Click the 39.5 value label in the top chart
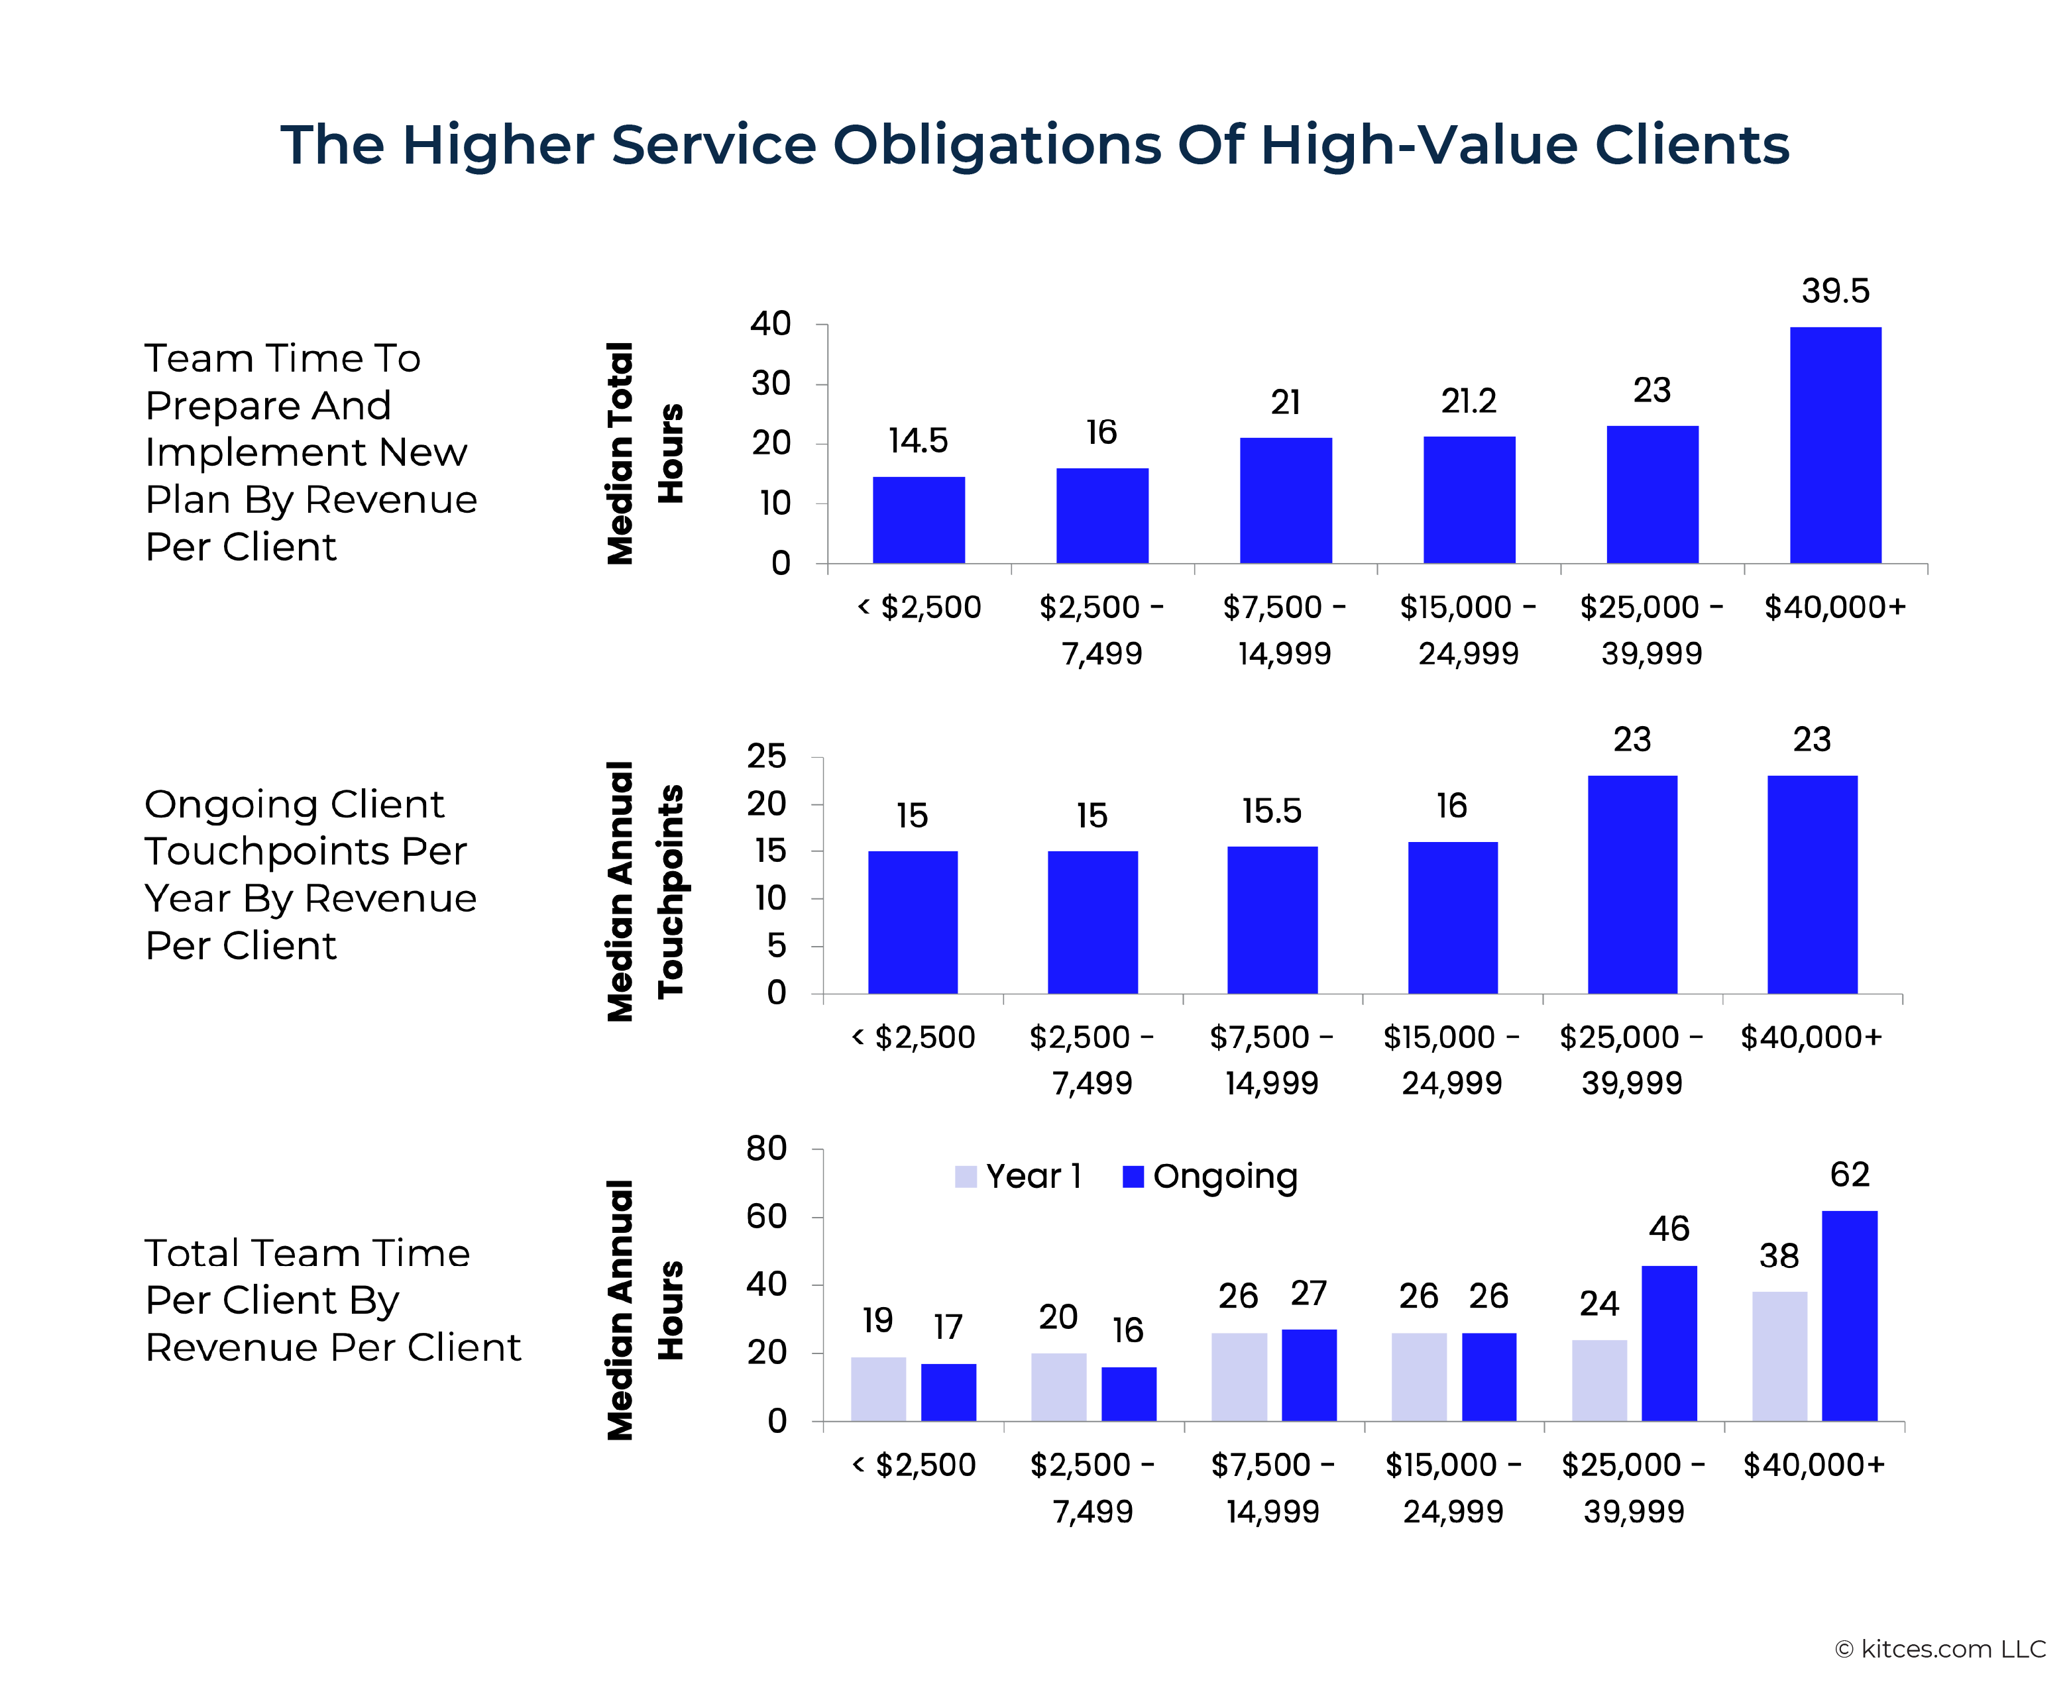[x=1834, y=291]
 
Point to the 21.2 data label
[x=1468, y=401]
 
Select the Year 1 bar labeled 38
[x=1779, y=1357]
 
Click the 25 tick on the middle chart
[x=767, y=757]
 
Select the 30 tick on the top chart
[x=771, y=384]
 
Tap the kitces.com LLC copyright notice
[x=1940, y=1649]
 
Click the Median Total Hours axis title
[x=644, y=453]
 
